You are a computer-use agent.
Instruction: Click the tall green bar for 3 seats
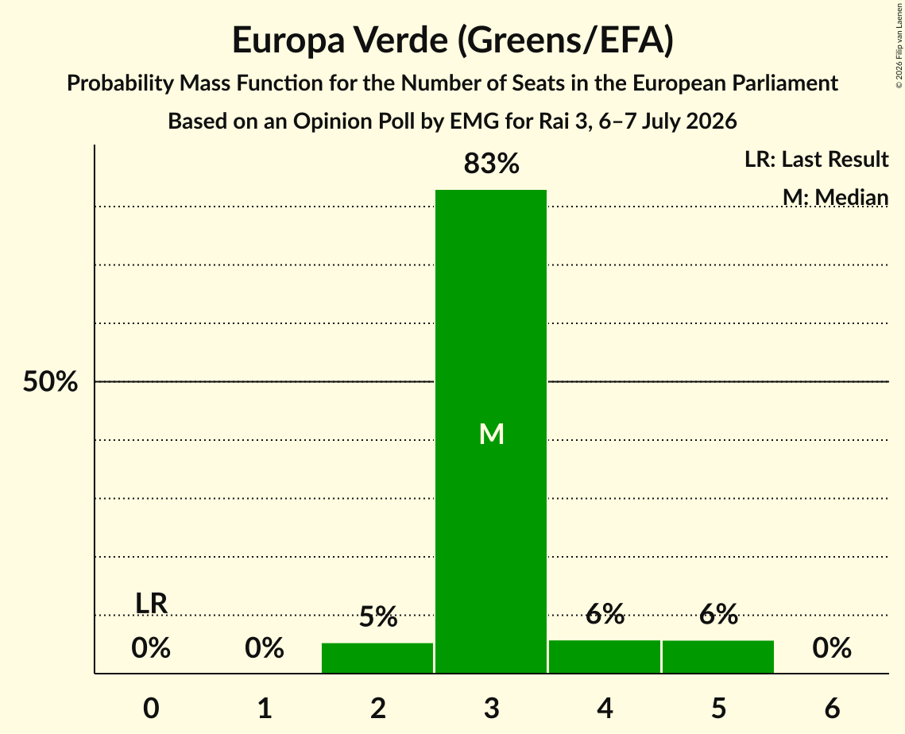coord(491,431)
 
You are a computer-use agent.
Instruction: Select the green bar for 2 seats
coord(377,658)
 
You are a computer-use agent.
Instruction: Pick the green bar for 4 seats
coord(605,657)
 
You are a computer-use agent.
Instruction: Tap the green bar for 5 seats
coord(718,657)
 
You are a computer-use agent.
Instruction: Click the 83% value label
coord(491,164)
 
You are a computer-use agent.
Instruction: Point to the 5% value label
coord(378,617)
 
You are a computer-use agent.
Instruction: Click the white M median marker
coord(492,434)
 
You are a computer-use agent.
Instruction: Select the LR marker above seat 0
coord(151,604)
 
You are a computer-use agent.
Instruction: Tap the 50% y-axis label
coord(50,381)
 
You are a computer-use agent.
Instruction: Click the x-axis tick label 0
coord(151,708)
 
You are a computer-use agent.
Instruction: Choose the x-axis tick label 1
coord(265,708)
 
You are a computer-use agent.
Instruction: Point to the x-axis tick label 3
coord(491,708)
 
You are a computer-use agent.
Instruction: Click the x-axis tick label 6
coord(832,708)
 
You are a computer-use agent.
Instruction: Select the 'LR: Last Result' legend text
coord(816,159)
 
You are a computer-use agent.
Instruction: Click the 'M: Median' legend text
coord(835,197)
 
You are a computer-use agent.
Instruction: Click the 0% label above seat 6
coord(832,648)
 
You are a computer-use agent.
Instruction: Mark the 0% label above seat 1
coord(265,648)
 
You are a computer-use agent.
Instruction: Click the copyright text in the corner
coord(899,45)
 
